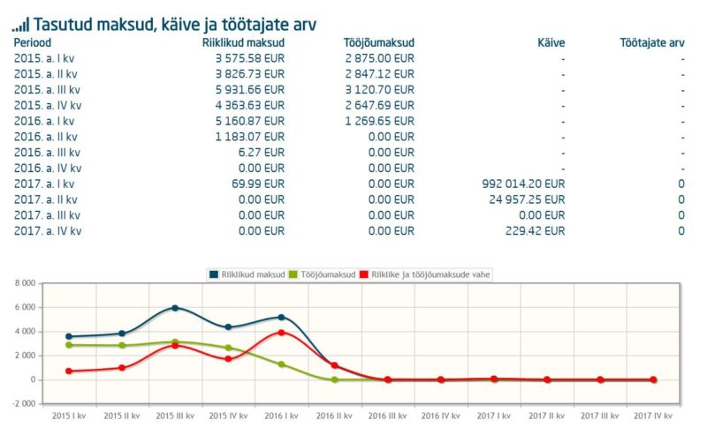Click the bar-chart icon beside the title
point(19,24)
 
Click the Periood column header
point(33,42)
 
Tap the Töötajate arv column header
point(653,42)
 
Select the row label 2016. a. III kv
point(48,152)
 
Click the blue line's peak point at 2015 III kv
point(174,308)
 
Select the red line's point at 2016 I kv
point(281,333)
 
